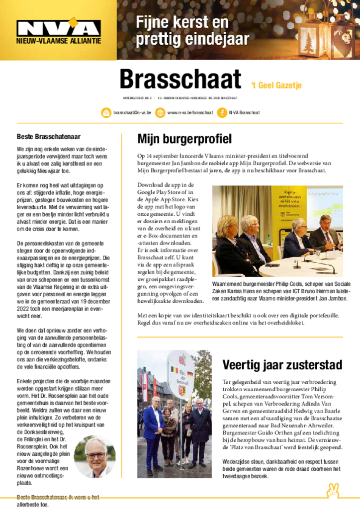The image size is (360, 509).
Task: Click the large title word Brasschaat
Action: [x=180, y=80]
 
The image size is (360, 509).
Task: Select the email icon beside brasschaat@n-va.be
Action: [x=106, y=113]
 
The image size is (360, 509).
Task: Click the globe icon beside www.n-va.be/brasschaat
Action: [x=160, y=113]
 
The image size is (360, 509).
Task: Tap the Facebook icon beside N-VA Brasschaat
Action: [x=222, y=113]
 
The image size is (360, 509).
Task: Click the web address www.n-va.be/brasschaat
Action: [x=189, y=113]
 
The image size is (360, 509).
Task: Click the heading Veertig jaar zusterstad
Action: [x=282, y=365]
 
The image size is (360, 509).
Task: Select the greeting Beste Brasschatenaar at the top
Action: [x=49, y=137]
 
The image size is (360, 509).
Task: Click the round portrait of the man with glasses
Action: [x=94, y=456]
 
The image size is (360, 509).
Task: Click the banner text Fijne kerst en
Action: [x=182, y=22]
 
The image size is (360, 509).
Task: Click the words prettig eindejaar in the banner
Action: [x=192, y=39]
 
